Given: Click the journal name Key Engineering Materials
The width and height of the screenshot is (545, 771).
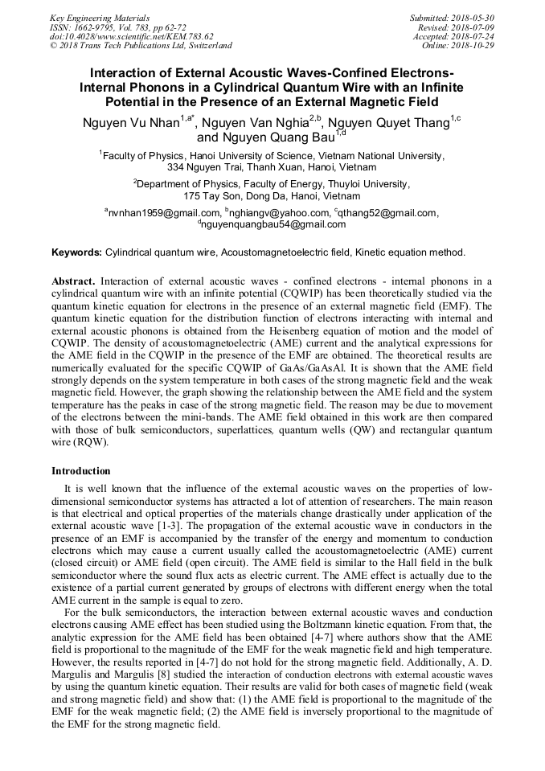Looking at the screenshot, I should coord(100,17).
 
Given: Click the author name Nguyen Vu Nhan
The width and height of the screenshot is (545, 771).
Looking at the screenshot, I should coord(131,122).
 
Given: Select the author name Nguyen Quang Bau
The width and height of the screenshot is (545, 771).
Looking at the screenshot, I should coord(268,137).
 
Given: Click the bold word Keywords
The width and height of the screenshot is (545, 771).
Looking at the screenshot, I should coord(76,252).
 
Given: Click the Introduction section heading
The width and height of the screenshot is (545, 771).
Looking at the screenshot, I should coord(81,471).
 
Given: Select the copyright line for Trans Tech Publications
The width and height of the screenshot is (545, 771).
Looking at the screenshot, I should coord(141,46).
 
